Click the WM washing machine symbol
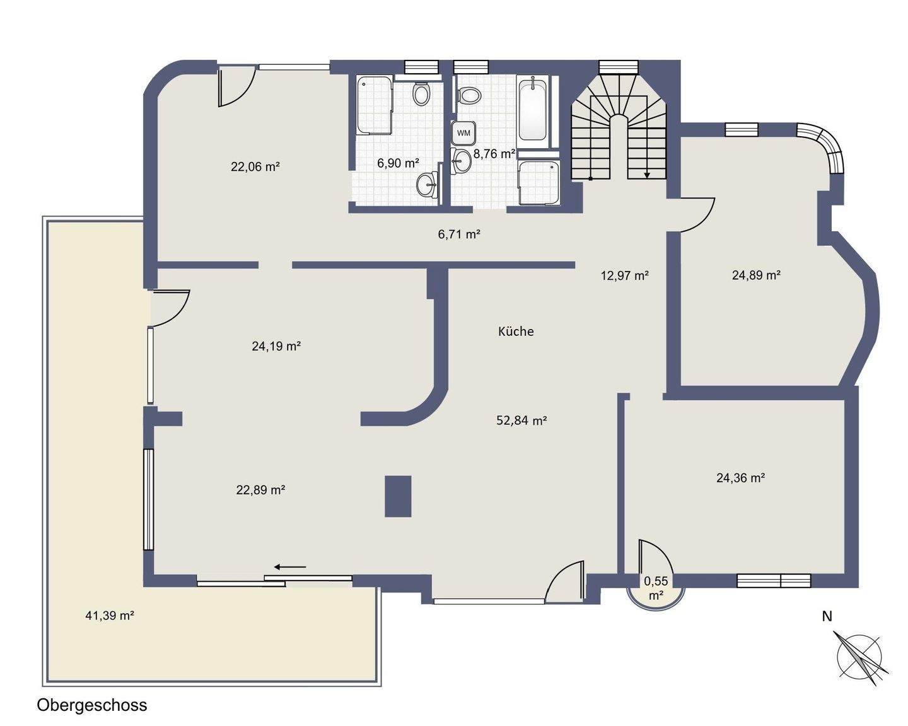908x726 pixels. tap(463, 133)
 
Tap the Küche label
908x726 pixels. tap(516, 331)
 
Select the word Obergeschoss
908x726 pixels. tap(92, 705)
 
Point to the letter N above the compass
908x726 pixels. tap(827, 616)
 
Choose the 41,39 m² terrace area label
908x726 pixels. tap(110, 616)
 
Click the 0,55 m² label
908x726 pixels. tap(655, 587)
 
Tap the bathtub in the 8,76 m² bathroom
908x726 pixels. tap(533, 108)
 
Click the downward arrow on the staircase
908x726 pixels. tap(647, 175)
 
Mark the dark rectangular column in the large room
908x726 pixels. tap(398, 496)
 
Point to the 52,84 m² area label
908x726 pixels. tap(521, 420)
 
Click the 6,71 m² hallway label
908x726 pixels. tap(459, 234)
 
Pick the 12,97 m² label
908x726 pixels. tap(624, 275)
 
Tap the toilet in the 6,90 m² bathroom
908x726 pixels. tap(421, 95)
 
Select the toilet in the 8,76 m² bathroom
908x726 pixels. tap(468, 96)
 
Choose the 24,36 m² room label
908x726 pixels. tap(740, 478)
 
